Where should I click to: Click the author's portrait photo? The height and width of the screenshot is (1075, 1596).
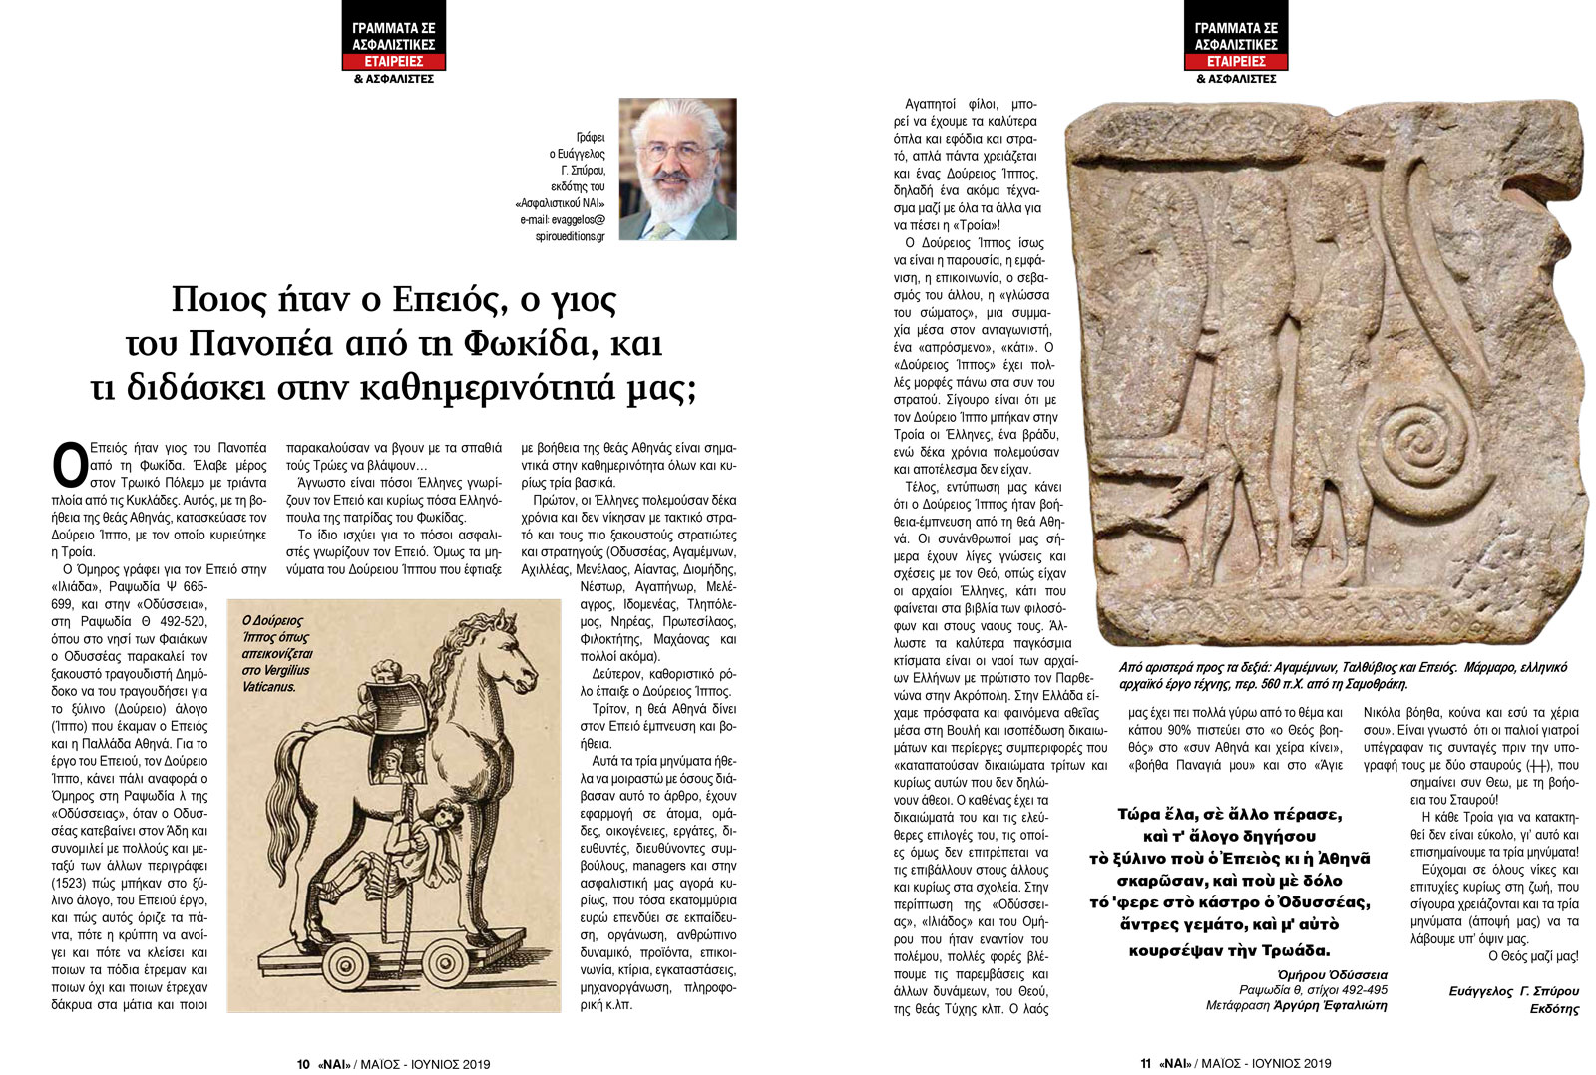click(677, 169)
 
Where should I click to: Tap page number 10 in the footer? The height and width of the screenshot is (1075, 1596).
click(303, 1064)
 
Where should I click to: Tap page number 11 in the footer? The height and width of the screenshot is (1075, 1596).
click(1147, 1064)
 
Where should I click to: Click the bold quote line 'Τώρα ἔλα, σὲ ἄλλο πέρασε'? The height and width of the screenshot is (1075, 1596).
click(1237, 813)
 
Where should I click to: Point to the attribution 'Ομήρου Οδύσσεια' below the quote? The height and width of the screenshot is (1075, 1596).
click(1332, 974)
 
